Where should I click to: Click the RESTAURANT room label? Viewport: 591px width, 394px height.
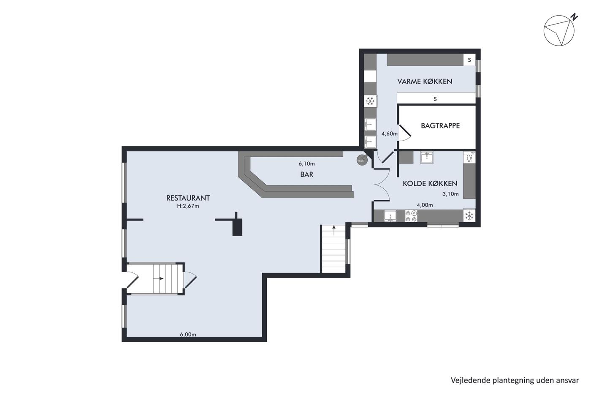click(x=188, y=198)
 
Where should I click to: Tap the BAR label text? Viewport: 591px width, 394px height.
click(x=306, y=174)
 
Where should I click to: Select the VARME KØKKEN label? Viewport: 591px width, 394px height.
click(x=425, y=81)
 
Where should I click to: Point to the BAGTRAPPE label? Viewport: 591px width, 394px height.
click(x=440, y=125)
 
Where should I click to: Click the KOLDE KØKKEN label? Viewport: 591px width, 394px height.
click(x=430, y=183)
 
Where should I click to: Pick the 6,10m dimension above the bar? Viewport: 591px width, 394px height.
click(x=306, y=163)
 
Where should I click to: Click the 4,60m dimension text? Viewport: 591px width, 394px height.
click(x=389, y=134)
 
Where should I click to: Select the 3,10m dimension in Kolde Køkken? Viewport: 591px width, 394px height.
click(x=450, y=194)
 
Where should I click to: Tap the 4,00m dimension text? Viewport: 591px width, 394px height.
click(x=425, y=205)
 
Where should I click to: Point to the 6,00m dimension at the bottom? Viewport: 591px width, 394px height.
click(x=188, y=334)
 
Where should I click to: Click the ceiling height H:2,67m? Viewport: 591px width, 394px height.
click(x=188, y=206)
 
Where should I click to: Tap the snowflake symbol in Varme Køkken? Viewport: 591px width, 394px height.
click(x=370, y=101)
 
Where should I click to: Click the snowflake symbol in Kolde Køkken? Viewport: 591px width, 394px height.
click(x=469, y=216)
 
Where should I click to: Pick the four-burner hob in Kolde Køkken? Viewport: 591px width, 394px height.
click(x=411, y=216)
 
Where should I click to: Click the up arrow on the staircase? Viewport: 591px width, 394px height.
click(x=334, y=230)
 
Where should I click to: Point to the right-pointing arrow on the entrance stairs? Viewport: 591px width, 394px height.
click(x=159, y=278)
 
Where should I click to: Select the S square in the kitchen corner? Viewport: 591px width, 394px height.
click(x=469, y=60)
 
